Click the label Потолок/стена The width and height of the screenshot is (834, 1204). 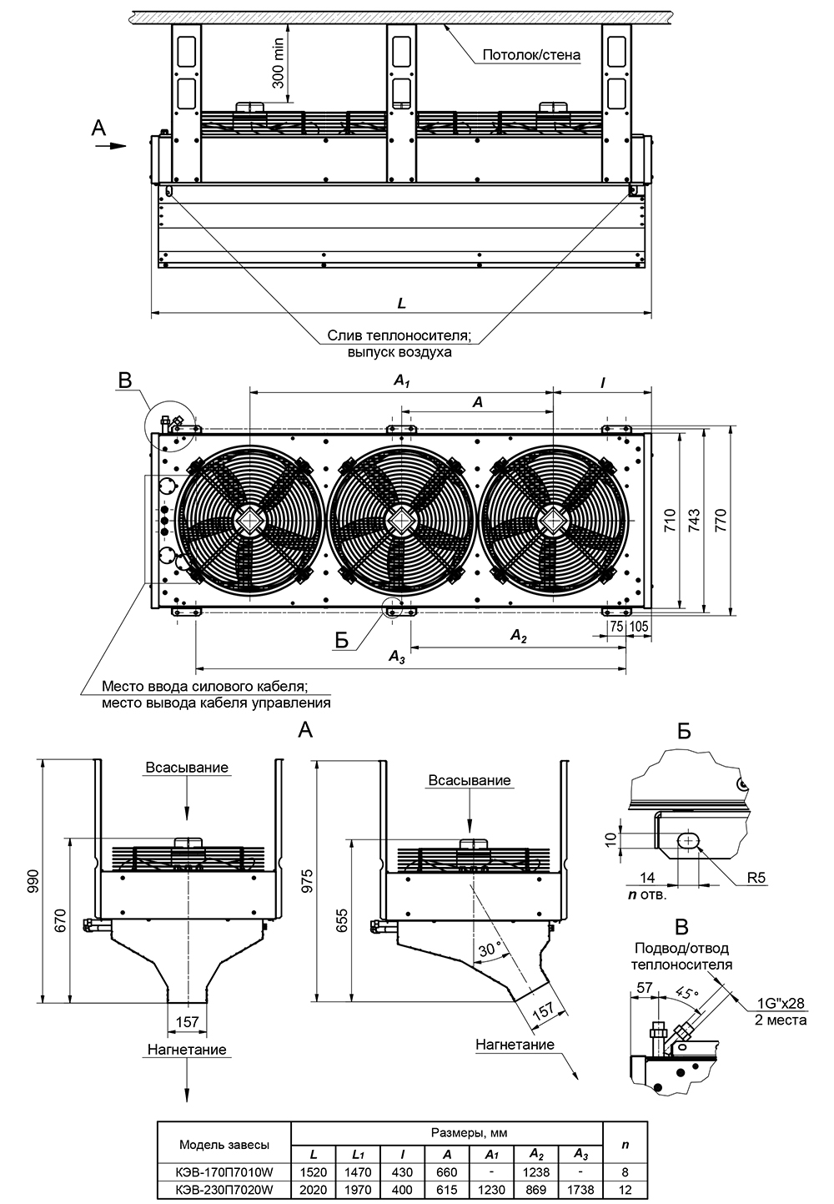click(x=530, y=56)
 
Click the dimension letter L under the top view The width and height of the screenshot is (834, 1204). click(x=402, y=305)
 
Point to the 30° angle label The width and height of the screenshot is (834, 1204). click(x=491, y=949)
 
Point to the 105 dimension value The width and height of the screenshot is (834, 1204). click(x=639, y=625)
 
